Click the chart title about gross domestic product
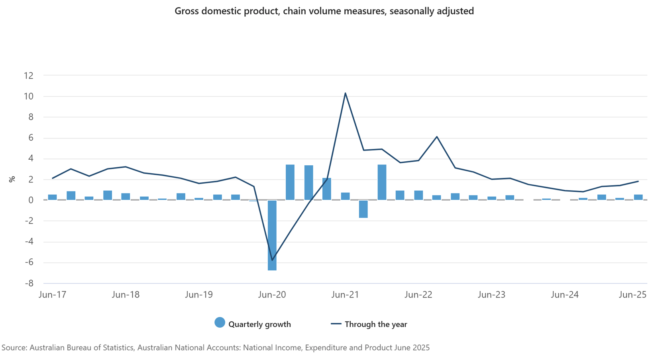coord(324,11)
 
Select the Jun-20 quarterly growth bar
coord(272,235)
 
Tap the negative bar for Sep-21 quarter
coord(363,209)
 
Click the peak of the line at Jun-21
coord(345,94)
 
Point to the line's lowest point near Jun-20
coord(272,260)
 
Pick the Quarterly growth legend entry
coord(253,324)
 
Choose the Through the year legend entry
coord(369,324)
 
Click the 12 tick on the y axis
coord(28,76)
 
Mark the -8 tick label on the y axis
coord(28,284)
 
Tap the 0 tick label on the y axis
coord(31,200)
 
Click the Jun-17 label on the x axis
coord(52,295)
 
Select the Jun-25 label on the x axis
coord(632,295)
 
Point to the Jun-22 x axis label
coord(418,295)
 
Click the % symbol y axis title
coord(12,179)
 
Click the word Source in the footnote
coord(14,348)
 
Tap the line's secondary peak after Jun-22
coord(437,137)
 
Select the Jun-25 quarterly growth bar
coord(638,197)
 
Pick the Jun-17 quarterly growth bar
coord(52,197)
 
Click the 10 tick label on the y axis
coord(28,96)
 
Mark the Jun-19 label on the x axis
coord(199,295)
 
